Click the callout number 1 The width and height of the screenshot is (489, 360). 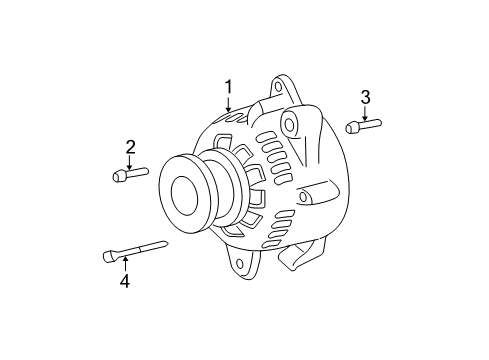pos(228,88)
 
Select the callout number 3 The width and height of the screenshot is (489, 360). pos(365,96)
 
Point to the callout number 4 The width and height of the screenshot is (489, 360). pos(124,282)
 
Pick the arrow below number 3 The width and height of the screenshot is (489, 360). pos(365,112)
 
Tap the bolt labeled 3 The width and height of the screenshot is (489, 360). pos(361,126)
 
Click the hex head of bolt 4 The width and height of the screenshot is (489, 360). pos(109,256)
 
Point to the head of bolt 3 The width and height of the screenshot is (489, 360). pos(352,127)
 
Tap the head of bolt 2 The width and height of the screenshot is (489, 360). pos(120,177)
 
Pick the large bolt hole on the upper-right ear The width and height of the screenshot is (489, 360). pos(290,125)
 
